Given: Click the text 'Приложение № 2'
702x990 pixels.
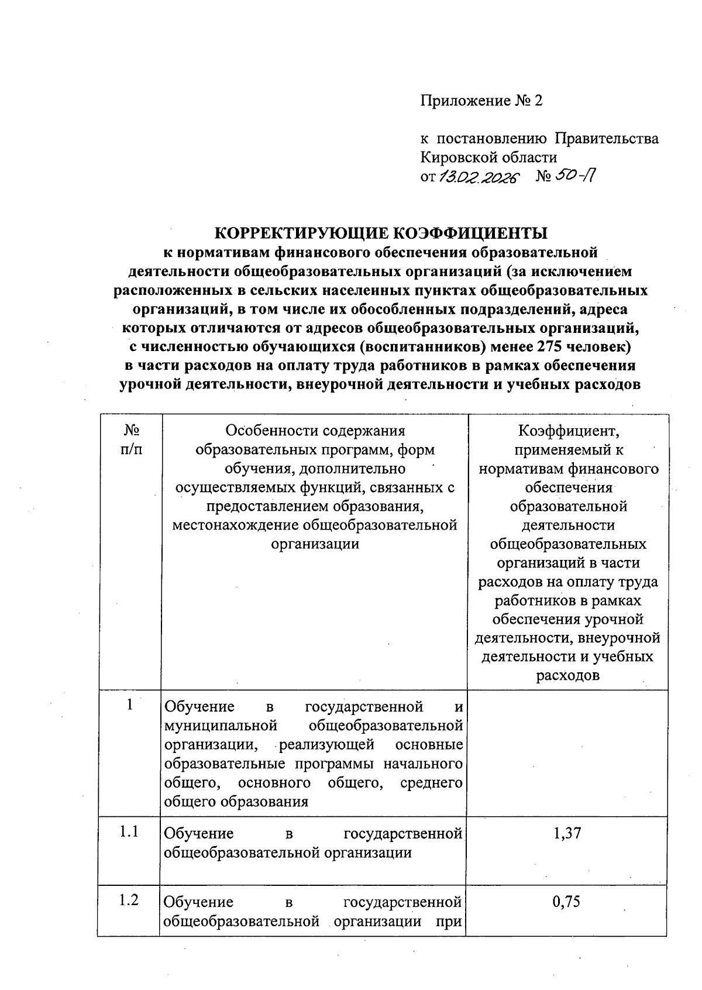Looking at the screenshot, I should [x=481, y=101].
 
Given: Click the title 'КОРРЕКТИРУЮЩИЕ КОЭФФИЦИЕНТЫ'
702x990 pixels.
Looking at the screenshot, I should [x=381, y=233].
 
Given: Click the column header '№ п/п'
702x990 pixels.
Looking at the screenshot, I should [x=131, y=440].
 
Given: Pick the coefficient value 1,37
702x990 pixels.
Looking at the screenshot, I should [x=567, y=833].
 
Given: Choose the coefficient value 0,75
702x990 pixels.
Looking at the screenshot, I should [x=566, y=901].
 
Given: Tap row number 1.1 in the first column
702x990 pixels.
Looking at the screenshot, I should [x=129, y=831].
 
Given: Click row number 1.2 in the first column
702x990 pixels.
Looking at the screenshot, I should [x=129, y=900].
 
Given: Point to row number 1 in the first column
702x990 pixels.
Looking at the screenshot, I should [x=129, y=705].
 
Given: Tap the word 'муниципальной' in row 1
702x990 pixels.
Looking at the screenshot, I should [x=221, y=726].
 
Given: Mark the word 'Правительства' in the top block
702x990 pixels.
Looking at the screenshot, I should [x=606, y=139].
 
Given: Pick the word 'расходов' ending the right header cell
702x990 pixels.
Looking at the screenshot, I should [x=567, y=676].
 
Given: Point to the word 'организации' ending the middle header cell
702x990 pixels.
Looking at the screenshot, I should [x=315, y=544].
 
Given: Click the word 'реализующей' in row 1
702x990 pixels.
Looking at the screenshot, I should [x=326, y=745].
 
